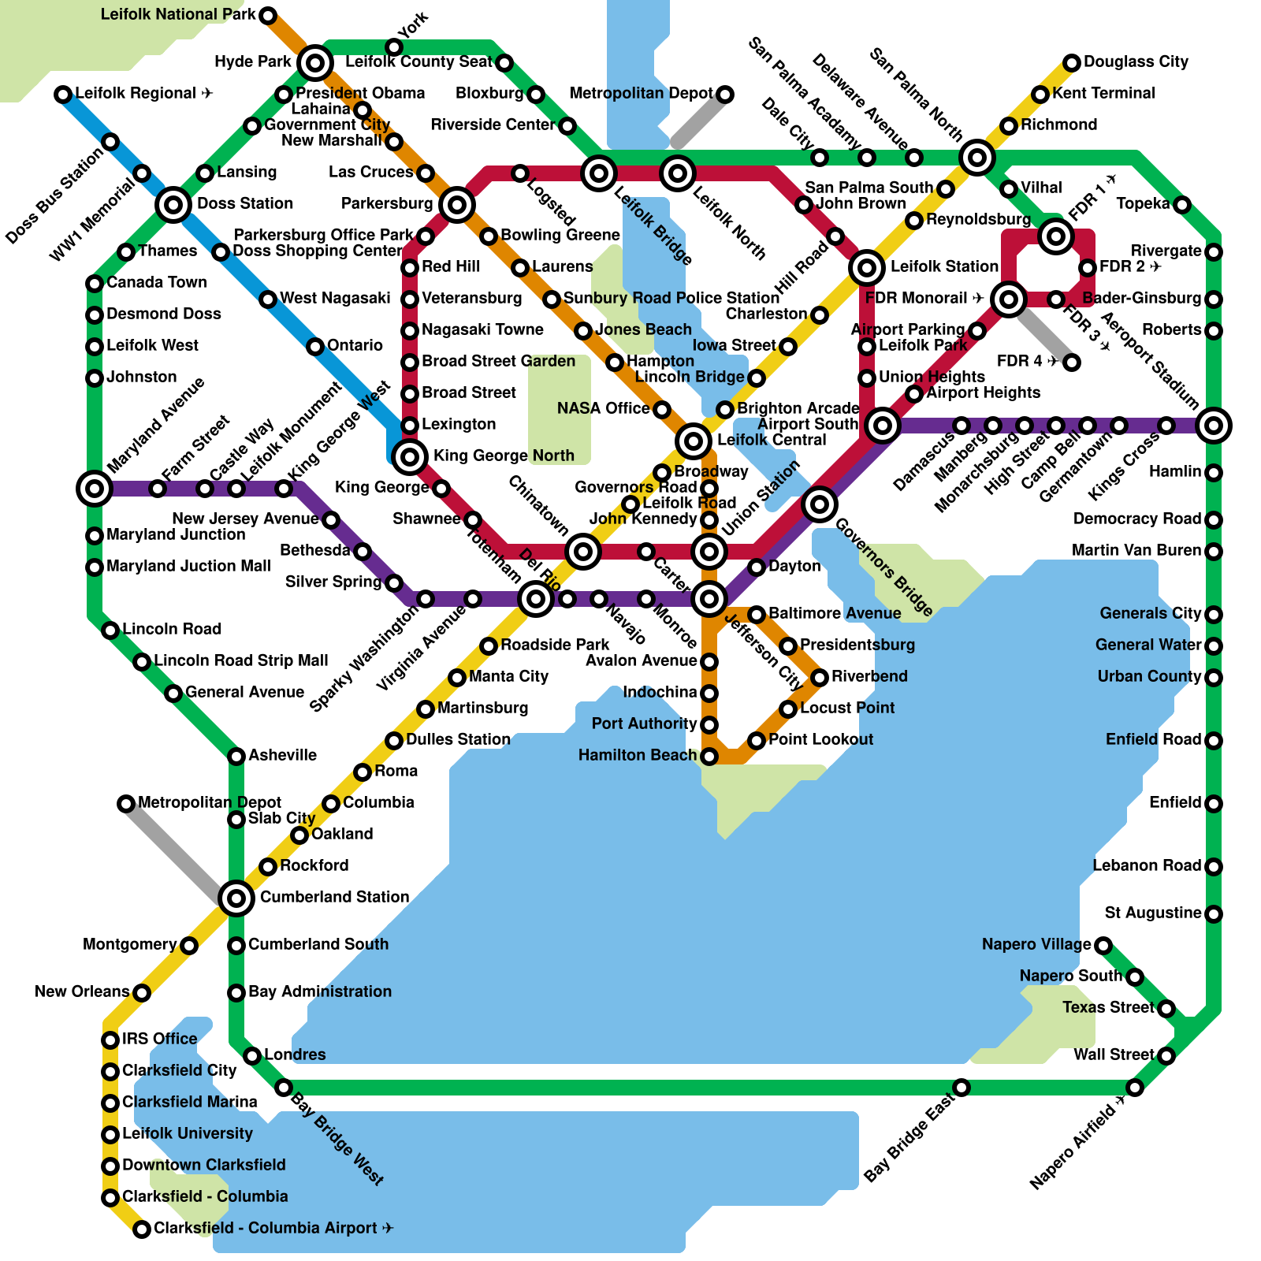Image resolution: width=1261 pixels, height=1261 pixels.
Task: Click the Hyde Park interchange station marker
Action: (315, 62)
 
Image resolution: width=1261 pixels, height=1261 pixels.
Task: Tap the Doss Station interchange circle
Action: (173, 205)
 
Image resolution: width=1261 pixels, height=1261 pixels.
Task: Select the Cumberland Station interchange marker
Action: (236, 898)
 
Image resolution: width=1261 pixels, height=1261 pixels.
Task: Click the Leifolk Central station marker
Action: (694, 441)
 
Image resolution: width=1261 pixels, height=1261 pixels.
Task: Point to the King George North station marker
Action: (410, 456)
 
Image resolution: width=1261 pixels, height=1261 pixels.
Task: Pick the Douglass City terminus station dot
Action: (1072, 63)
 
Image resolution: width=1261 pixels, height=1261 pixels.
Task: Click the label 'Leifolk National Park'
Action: (178, 15)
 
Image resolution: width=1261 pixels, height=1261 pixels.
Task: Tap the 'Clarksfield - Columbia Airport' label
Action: (273, 1228)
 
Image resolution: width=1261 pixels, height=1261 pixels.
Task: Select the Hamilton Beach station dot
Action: (709, 757)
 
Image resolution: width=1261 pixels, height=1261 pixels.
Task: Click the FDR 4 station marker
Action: (1072, 363)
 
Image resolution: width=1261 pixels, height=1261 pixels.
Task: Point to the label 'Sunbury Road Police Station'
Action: (671, 298)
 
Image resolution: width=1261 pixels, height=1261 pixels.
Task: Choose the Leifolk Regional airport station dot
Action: (63, 95)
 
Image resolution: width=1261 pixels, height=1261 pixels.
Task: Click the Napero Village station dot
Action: (1103, 945)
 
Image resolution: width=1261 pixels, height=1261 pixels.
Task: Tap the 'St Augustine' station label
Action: (1152, 913)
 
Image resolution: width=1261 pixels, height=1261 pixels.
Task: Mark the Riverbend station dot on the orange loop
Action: (820, 678)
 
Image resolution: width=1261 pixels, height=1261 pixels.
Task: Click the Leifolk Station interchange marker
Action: (867, 268)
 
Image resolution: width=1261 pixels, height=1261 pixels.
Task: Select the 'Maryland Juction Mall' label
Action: (188, 566)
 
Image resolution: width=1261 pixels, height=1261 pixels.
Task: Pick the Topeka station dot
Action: (1182, 205)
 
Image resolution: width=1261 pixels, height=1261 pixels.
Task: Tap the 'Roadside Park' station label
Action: (555, 645)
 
